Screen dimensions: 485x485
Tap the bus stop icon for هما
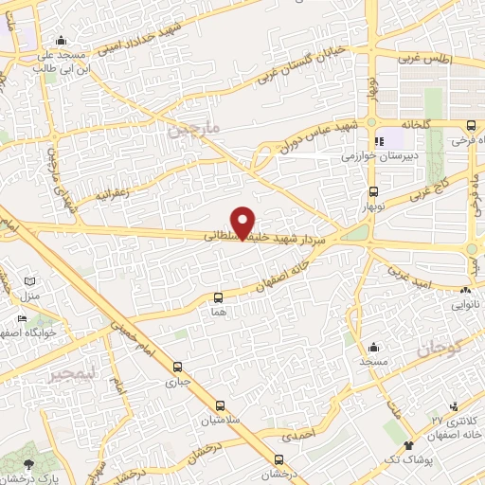[x=220, y=296]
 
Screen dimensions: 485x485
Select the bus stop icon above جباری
[x=177, y=368]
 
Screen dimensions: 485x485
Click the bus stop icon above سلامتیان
[x=221, y=404]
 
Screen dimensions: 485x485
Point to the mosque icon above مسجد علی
[x=62, y=41]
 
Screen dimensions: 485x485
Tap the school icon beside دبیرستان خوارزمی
[x=380, y=142]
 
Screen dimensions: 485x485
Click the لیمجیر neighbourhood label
[x=74, y=368]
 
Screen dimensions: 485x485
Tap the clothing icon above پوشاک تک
[x=408, y=444]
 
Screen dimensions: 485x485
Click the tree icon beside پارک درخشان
[x=29, y=464]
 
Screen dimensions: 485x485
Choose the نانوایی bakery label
[x=464, y=305]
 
